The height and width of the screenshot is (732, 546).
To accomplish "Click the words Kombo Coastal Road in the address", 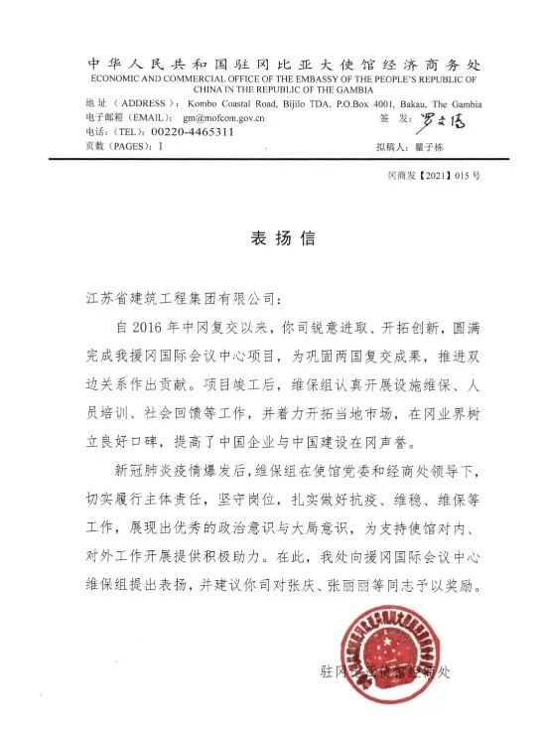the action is tap(239, 103).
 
